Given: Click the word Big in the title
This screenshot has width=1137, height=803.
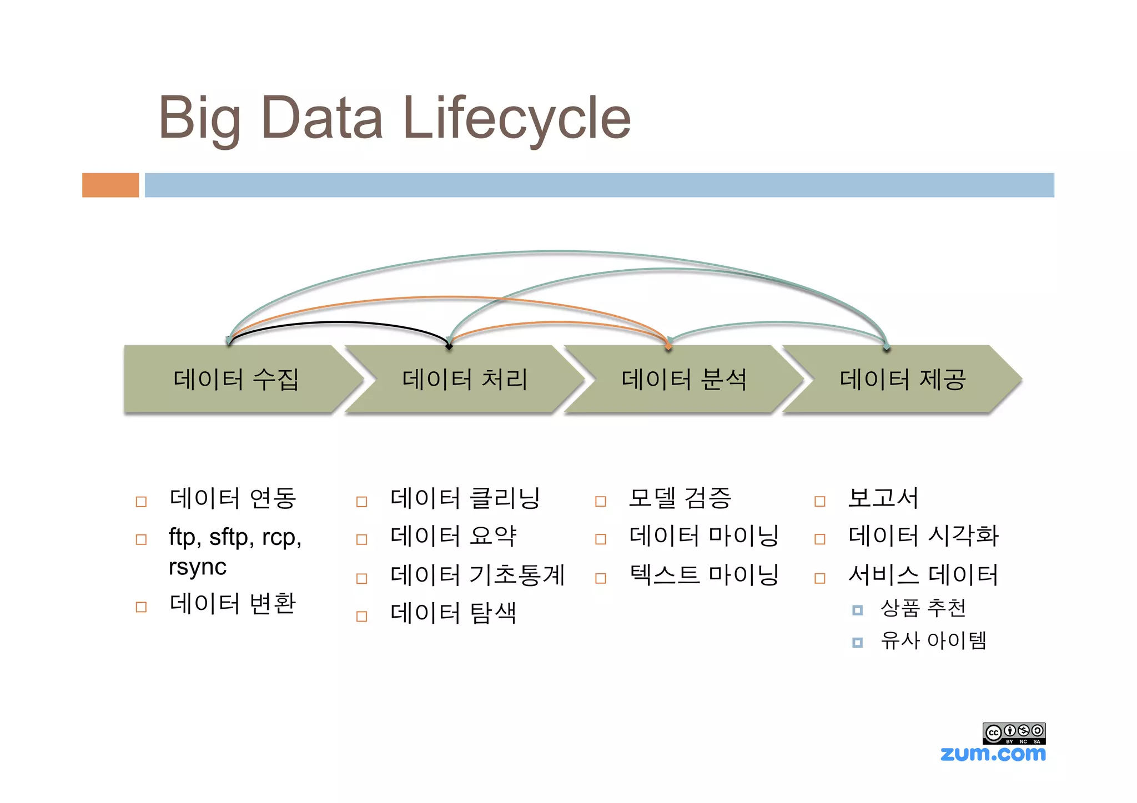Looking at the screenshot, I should point(200,119).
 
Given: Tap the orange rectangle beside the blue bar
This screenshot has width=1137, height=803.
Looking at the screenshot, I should point(110,185).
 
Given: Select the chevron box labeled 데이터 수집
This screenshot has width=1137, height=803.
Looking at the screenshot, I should point(236,380).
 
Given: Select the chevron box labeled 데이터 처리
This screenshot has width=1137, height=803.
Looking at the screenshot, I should point(464,380).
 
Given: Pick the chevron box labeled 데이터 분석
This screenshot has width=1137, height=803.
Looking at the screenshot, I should point(683,380).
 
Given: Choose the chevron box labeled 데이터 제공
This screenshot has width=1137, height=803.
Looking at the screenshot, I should point(902,380).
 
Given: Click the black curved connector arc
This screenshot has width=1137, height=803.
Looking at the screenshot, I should point(339,322).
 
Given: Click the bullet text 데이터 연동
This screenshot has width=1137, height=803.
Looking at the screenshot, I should point(233,498).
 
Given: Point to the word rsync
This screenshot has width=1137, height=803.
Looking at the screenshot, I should point(198,567).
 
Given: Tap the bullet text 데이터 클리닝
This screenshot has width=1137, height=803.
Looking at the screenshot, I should point(465,498).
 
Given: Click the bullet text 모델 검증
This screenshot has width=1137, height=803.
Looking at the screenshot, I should point(680,498).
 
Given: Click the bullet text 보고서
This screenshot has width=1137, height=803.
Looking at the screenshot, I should point(883,498).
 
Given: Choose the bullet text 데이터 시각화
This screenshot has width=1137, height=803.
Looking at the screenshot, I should point(923,536).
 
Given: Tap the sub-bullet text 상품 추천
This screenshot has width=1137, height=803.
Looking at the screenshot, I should point(923,608).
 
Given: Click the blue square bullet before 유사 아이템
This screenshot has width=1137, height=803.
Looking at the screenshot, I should point(857,643).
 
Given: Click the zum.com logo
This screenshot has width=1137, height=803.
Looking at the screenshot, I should point(993,754).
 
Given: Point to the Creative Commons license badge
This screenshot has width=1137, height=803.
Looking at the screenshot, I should point(1014,733).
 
